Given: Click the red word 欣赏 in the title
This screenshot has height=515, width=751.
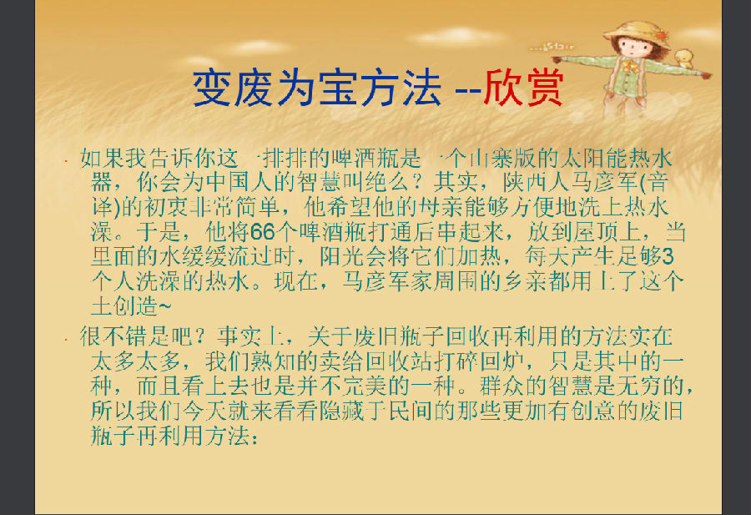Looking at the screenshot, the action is (523, 88).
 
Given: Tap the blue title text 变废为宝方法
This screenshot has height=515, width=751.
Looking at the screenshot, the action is (316, 88).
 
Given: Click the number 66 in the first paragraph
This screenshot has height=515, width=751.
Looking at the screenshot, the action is (263, 232).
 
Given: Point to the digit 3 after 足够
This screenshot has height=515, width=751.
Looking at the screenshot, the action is (668, 256).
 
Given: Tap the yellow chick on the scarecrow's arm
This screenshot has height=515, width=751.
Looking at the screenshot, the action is (684, 58).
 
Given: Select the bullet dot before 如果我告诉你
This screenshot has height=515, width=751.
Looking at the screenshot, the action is (67, 160).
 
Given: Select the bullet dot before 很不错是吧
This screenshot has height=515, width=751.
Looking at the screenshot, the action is (67, 339).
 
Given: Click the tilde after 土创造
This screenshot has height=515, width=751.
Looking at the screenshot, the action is (164, 306).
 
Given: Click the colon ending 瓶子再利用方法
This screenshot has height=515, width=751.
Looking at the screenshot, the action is (254, 437).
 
